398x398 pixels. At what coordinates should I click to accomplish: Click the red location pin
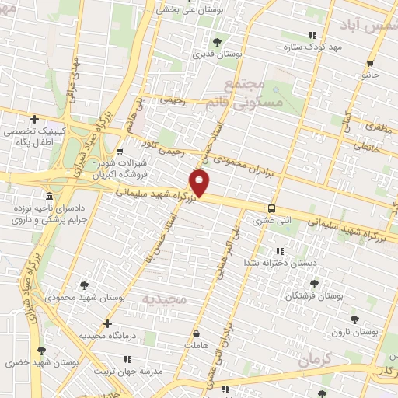201,184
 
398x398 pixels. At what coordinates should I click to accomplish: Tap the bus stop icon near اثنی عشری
271,208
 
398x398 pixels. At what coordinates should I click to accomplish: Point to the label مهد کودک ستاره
313,47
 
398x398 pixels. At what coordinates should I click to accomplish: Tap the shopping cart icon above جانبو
370,64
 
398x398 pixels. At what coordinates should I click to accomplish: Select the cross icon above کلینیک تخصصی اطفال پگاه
34,119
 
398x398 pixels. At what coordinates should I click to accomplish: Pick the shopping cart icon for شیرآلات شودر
119,152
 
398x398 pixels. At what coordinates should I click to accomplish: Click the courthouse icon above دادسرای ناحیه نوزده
50,195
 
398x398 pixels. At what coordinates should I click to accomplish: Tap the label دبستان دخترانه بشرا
280,264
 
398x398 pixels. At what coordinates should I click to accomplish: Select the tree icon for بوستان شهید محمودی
83,285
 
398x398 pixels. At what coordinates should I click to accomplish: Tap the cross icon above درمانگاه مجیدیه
107,323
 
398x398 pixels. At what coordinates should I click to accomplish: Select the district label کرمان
314,358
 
